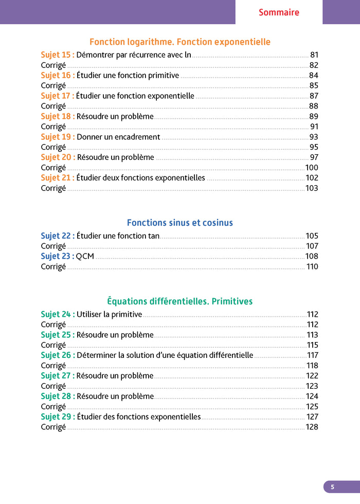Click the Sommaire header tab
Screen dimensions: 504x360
point(279,12)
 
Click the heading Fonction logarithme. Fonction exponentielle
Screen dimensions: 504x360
point(180,42)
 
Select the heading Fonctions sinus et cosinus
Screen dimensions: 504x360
point(180,223)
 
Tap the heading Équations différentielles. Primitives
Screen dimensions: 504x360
point(180,301)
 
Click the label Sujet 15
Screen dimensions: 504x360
point(58,55)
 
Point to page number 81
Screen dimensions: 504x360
point(314,55)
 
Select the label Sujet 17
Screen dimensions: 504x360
point(58,96)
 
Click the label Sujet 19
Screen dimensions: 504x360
point(58,137)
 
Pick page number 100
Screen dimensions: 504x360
point(312,168)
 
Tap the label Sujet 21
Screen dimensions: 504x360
point(58,178)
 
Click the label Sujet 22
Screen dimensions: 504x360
point(58,236)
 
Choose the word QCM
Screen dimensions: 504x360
point(85,257)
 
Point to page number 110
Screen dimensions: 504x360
point(312,267)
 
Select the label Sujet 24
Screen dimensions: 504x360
point(58,314)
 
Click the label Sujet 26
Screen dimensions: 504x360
point(58,355)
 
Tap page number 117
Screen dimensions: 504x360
point(313,355)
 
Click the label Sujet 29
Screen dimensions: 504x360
point(58,417)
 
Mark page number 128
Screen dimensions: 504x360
point(312,427)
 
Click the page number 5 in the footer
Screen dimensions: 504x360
point(332,487)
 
